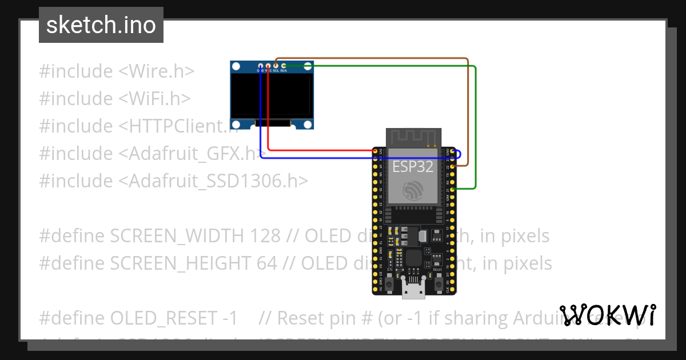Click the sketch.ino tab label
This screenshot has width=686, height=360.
(x=101, y=25)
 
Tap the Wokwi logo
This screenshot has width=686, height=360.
(x=607, y=315)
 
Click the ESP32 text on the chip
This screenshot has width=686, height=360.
(x=413, y=166)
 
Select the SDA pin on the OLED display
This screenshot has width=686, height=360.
(x=284, y=66)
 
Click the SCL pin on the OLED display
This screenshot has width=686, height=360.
(x=276, y=66)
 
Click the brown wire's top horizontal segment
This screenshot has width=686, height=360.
(x=372, y=58)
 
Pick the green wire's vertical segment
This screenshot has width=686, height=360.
(x=476, y=126)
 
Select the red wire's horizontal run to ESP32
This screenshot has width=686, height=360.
(x=320, y=151)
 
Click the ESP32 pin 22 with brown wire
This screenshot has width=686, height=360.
(x=453, y=166)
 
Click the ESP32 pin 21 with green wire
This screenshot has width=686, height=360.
(x=453, y=189)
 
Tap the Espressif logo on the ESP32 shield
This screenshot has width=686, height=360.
(x=413, y=191)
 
